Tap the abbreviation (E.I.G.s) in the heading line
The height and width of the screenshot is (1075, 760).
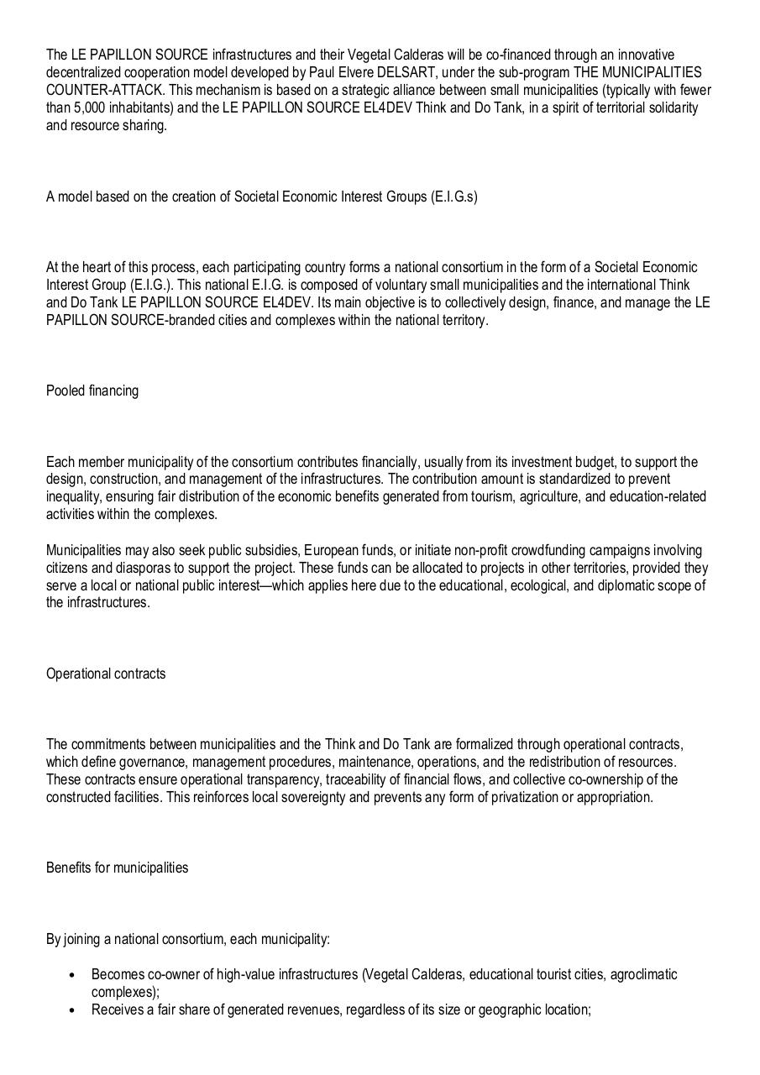453,197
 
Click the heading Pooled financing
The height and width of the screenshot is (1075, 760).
92,391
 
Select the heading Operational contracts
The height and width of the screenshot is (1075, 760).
106,674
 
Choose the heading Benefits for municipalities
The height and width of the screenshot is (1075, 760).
117,868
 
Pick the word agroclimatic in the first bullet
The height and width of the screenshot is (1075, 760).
643,974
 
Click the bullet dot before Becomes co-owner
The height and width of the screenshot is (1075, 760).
71,976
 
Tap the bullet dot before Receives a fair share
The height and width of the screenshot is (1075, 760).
71,1010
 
